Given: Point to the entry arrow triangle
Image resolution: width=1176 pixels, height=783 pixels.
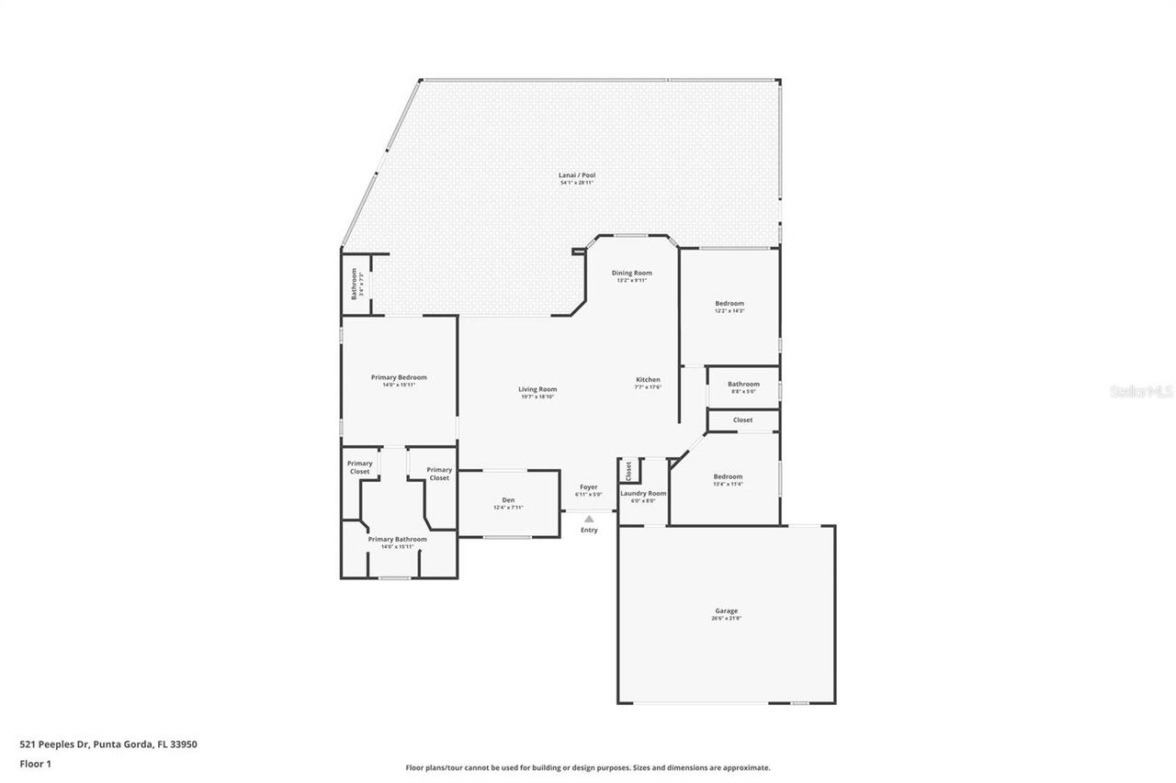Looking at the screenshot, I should (589, 519).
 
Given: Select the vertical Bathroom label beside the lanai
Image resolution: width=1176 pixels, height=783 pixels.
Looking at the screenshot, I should (355, 284).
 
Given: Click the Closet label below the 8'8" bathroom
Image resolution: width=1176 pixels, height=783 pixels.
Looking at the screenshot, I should (742, 419).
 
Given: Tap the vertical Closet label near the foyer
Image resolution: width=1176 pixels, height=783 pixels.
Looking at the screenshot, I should (628, 470).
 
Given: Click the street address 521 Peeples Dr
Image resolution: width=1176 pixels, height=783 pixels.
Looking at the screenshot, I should (108, 744).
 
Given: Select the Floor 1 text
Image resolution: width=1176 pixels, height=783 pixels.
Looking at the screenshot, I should (35, 763).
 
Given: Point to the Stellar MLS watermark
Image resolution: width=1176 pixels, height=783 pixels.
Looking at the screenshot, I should (1142, 391).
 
